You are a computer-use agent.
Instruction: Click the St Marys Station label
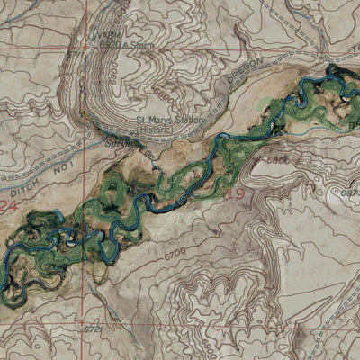coord(170,121)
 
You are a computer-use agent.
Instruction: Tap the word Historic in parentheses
coord(172,129)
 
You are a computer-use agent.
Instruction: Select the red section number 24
coord(9,206)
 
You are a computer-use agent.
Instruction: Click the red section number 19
coord(237,192)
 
